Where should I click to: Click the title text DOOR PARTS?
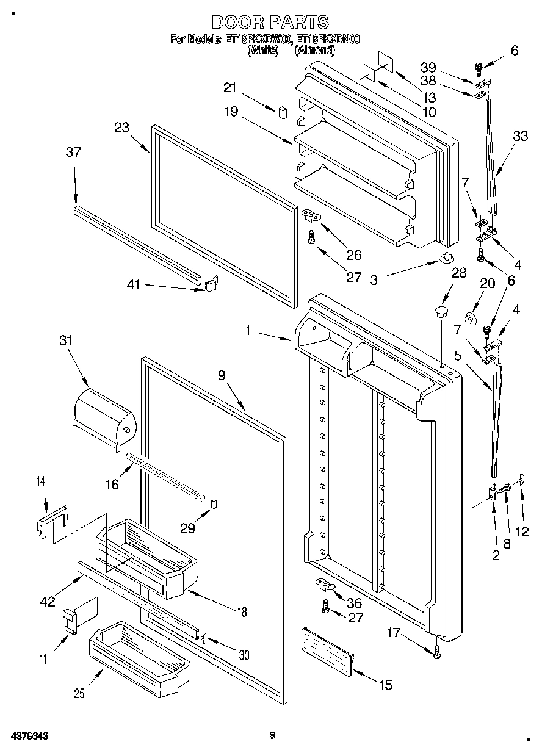tap(270, 23)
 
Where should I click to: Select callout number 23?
tap(122, 129)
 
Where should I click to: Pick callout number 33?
tap(521, 137)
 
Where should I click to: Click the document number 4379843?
tap(29, 736)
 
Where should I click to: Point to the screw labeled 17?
tap(438, 654)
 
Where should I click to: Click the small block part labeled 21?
tap(282, 112)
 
